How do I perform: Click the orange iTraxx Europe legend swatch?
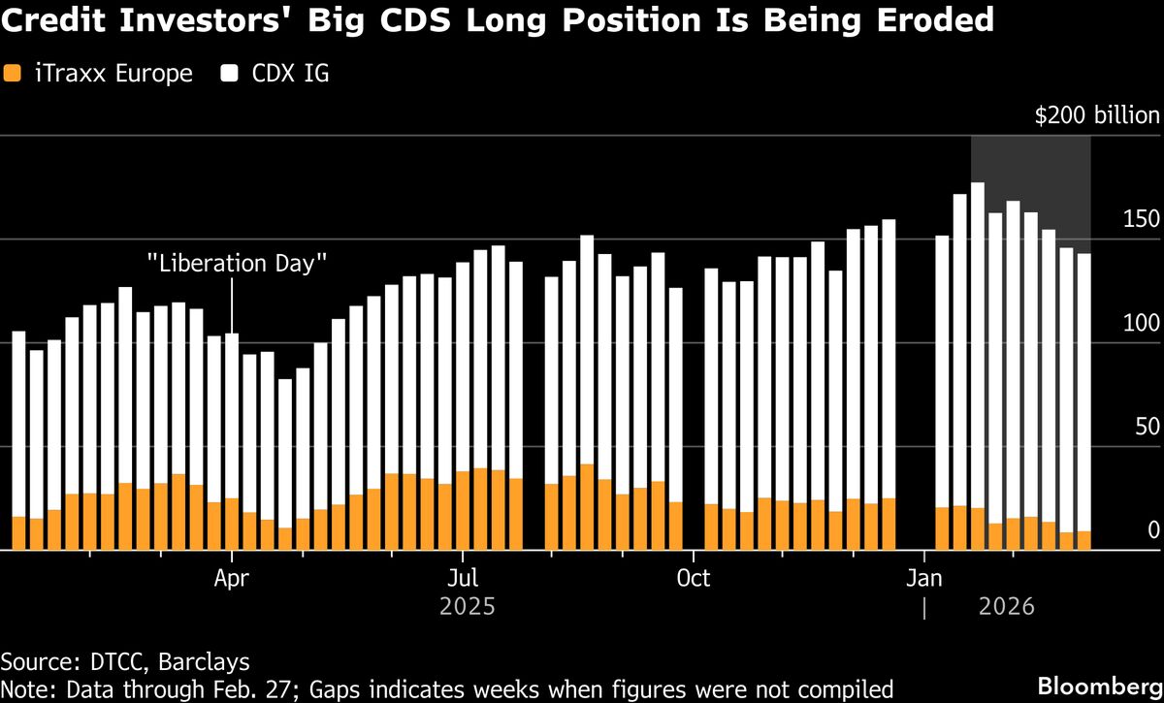click(x=12, y=73)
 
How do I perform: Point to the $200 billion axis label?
click(x=1097, y=116)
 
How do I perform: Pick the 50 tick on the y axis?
click(x=1147, y=427)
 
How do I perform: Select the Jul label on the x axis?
click(x=463, y=579)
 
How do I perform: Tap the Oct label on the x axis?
click(x=693, y=579)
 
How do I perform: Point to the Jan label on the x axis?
click(x=924, y=579)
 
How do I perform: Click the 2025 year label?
click(x=467, y=608)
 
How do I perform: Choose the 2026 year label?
click(x=1006, y=608)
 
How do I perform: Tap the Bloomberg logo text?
click(x=1098, y=685)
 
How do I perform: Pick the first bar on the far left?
click(x=18, y=427)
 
